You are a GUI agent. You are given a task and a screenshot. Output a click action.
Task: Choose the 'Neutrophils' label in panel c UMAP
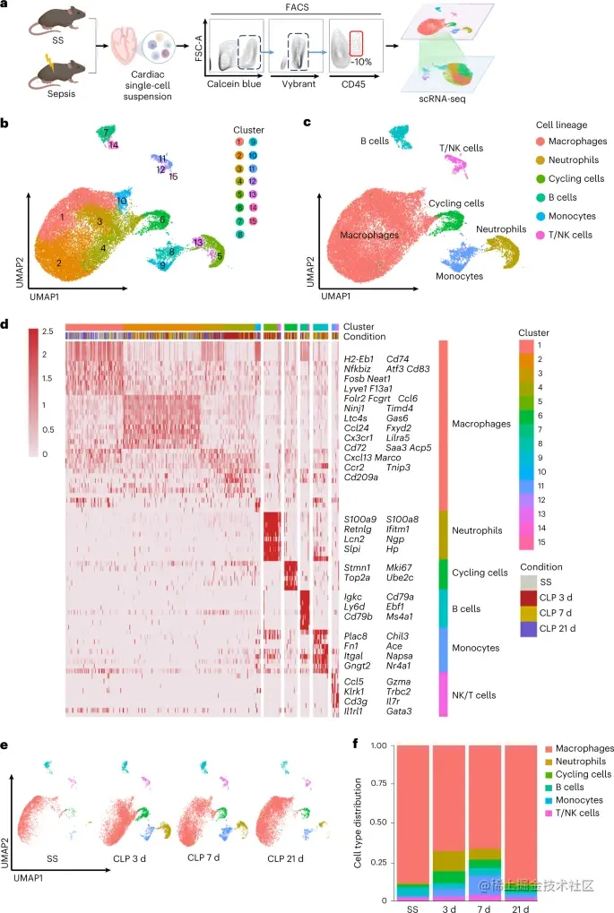pos(501,229)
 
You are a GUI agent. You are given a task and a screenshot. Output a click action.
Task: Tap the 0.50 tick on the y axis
pos(377,823)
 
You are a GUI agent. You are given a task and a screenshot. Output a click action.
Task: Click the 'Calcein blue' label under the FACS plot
pos(238,83)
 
